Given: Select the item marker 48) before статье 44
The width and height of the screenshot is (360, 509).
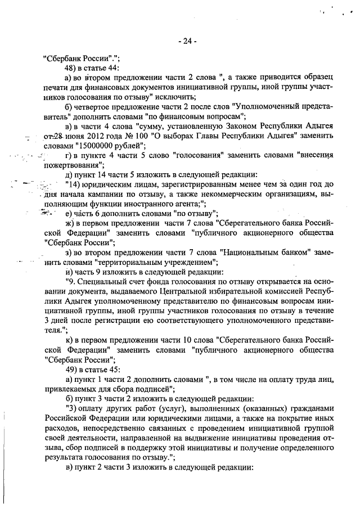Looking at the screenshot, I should pos(72,67).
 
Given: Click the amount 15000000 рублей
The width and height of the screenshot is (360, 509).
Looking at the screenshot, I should pos(102,145).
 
